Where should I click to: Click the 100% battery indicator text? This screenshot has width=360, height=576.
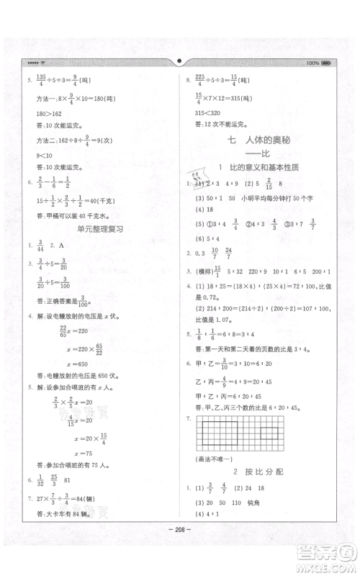tap(312, 63)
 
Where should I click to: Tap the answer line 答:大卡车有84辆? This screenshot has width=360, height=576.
tap(63, 532)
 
